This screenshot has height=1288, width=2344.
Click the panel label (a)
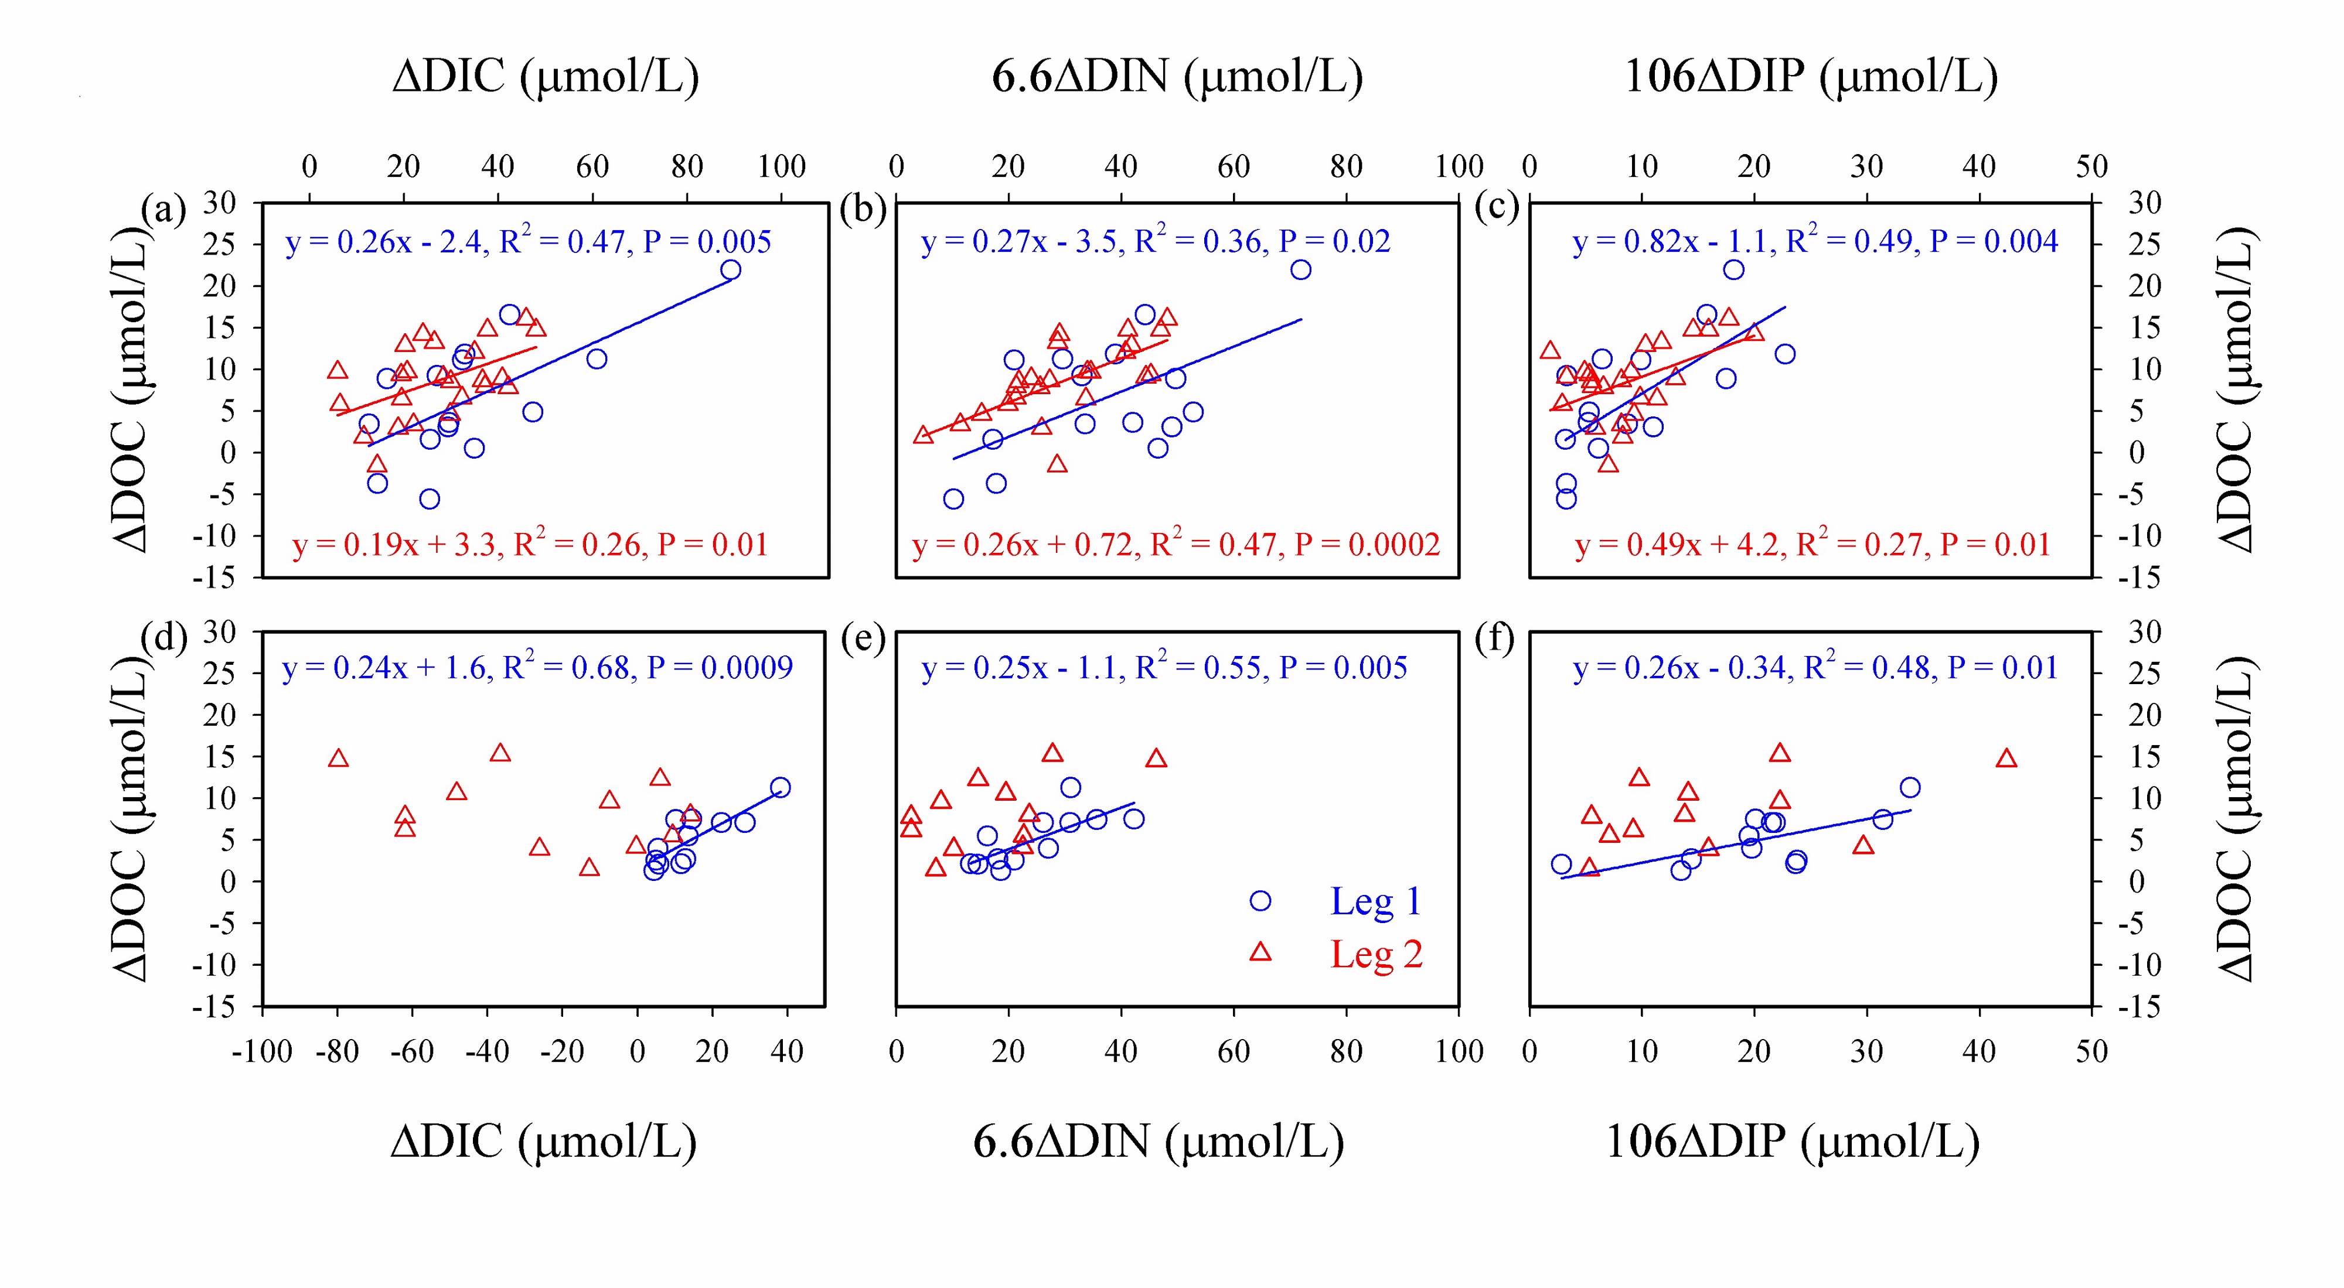164,210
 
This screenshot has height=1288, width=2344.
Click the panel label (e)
863,640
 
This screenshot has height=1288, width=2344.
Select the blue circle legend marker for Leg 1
1260,900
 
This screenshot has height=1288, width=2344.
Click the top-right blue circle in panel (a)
731,269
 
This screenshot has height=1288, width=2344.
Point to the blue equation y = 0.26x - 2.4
528,242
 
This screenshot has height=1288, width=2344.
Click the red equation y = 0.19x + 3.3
530,544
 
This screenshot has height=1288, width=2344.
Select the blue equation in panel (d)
537,668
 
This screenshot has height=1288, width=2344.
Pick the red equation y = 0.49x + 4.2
1812,544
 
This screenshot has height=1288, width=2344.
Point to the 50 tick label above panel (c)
2091,166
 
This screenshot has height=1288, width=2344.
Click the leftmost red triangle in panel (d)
339,759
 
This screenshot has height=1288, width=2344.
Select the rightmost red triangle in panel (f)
2006,759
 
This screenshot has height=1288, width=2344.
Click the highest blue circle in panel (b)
1301,269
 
